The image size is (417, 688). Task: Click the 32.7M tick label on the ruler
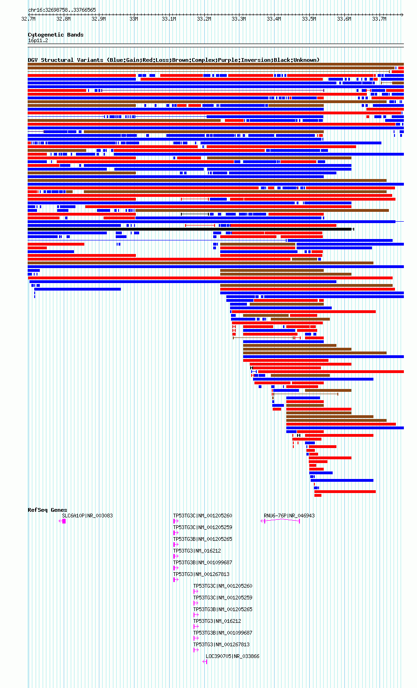(28, 19)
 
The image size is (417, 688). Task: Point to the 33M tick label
(134, 19)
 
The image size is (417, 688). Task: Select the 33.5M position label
(309, 19)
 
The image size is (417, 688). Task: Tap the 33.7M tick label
(379, 19)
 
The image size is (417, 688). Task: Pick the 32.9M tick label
(98, 19)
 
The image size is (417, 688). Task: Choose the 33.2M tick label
(204, 19)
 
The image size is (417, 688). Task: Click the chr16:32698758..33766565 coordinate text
(62, 10)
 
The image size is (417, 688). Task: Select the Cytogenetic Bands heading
(56, 35)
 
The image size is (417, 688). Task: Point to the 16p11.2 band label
(38, 41)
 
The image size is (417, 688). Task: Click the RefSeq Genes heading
(47, 510)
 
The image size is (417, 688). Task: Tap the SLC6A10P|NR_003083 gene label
(87, 516)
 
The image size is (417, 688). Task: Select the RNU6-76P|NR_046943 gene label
(289, 516)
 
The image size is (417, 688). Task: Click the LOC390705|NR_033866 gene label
(232, 656)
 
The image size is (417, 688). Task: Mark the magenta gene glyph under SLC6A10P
(62, 521)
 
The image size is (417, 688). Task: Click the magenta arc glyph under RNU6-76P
(280, 520)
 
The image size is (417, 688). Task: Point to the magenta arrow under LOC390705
(205, 662)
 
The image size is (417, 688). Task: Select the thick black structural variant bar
(191, 229)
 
